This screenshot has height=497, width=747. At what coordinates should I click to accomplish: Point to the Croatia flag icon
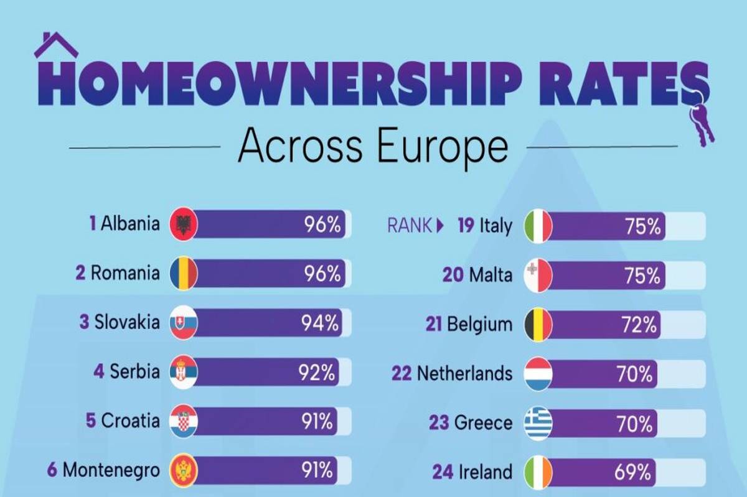183,422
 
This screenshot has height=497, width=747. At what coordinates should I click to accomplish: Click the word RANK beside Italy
409,225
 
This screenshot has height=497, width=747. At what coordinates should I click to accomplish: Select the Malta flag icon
538,275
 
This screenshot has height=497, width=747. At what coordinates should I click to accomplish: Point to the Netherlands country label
464,373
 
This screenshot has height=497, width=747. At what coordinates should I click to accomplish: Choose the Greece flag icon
538,423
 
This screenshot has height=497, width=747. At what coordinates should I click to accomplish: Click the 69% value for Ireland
635,471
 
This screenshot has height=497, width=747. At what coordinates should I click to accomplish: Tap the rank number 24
443,471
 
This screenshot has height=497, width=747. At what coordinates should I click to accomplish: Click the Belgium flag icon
538,324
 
